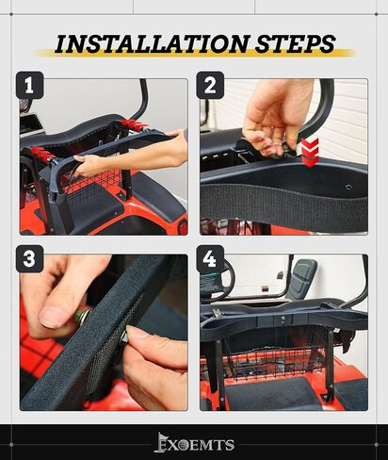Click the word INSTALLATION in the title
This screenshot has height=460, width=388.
click(153, 43)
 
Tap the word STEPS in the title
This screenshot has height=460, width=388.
click(295, 43)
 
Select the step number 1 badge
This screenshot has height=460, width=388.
click(29, 85)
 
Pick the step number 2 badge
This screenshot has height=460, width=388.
click(210, 85)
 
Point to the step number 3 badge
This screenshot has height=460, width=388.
click(29, 259)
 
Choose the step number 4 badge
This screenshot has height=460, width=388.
click(210, 259)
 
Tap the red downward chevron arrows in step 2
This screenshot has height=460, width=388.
click(310, 152)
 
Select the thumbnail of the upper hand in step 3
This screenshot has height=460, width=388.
click(52, 317)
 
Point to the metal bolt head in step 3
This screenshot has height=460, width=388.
click(82, 315)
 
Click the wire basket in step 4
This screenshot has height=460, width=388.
click(276, 356)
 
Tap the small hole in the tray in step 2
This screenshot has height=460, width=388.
click(348, 188)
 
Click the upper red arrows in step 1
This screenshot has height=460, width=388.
click(135, 124)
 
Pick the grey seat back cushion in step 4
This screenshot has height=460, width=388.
click(303, 276)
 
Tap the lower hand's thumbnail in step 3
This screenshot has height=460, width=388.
click(138, 332)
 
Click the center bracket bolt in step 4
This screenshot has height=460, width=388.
click(283, 320)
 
